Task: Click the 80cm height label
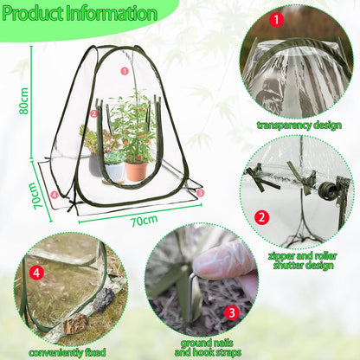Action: coord(24,101)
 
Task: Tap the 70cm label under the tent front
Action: coord(145,221)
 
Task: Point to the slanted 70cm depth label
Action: coord(37,196)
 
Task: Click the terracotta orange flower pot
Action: coord(136,171)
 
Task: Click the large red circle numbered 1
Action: coord(276,20)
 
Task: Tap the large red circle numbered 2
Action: coord(261,217)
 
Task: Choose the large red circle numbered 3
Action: coord(232,313)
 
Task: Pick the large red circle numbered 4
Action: coord(36,273)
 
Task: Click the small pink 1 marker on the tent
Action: coord(125,71)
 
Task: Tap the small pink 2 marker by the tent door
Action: coord(93,113)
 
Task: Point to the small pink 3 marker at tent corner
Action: coord(200,192)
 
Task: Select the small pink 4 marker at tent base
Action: coord(55,195)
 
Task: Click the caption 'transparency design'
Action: coord(299,125)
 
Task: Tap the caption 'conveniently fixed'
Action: coord(67,352)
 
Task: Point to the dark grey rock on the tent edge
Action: coord(104,299)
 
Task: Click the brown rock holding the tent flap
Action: coord(75,324)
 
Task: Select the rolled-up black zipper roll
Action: coord(329,190)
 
